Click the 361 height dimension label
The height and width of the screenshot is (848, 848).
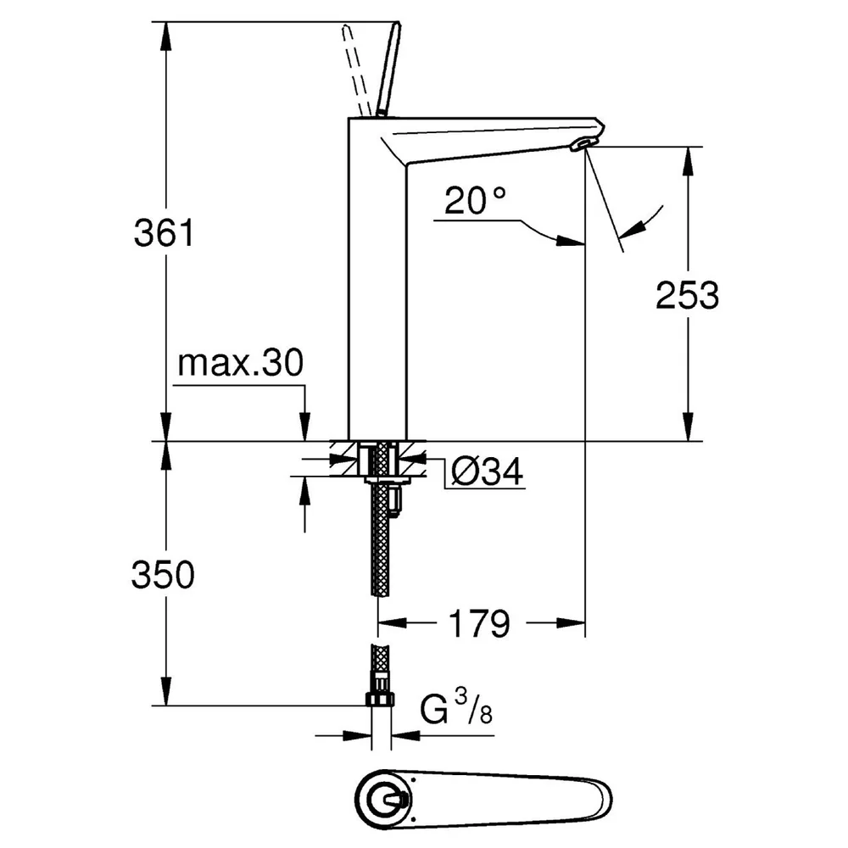[164, 234]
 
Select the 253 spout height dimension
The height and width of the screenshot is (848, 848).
[687, 295]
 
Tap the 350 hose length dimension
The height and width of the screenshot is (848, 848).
[163, 574]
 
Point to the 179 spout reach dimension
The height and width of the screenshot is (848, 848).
[479, 623]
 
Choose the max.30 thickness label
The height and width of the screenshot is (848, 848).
[241, 363]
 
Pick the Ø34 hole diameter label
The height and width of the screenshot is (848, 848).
[488, 471]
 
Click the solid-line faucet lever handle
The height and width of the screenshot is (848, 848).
[388, 70]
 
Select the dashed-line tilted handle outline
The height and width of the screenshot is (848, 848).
[354, 70]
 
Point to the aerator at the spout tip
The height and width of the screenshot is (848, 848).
[583, 144]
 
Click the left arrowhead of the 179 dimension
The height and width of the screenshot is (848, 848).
[393, 623]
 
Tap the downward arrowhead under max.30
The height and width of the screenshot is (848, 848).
[305, 427]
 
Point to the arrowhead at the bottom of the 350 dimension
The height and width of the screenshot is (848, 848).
[166, 690]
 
